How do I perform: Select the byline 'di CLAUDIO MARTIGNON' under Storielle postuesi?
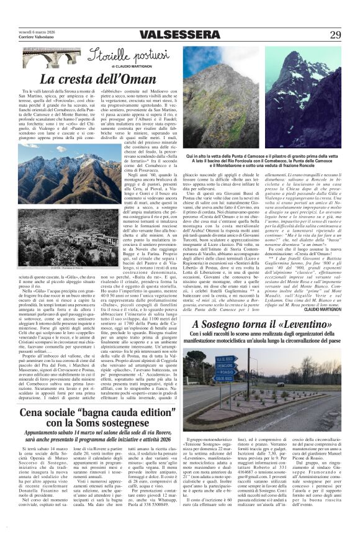coord(132,65)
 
